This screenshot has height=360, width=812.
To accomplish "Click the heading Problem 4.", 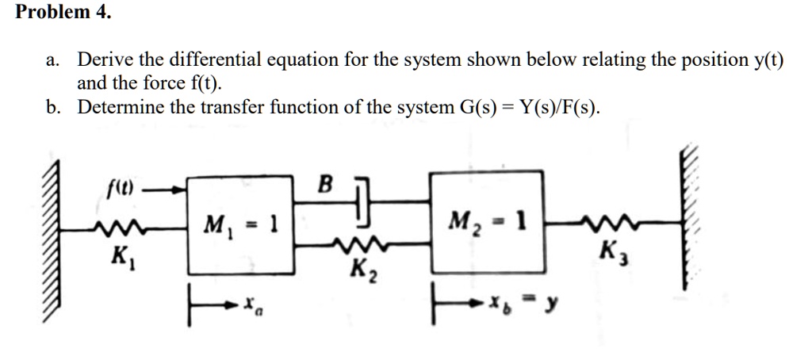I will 64,13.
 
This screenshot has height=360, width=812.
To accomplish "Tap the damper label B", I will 324,184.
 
